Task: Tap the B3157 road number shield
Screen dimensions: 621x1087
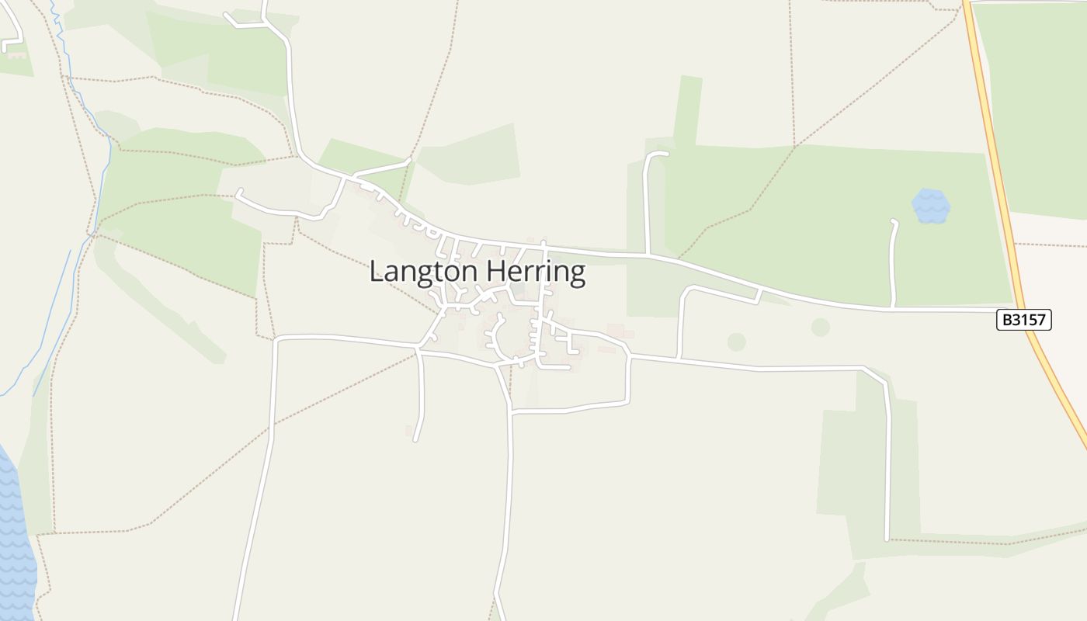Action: click(1023, 320)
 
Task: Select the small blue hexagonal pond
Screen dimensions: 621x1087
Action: click(931, 206)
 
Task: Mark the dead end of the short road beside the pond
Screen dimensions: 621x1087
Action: click(894, 222)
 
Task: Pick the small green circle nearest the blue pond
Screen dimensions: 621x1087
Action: click(820, 327)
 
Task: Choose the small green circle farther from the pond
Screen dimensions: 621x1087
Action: click(736, 342)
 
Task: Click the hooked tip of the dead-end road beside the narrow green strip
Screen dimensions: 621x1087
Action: click(665, 154)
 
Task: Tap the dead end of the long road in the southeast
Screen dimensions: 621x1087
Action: click(887, 538)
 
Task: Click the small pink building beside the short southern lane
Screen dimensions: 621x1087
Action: click(408, 430)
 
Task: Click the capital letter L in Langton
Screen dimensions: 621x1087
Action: click(377, 272)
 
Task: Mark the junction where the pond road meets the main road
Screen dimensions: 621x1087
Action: click(893, 307)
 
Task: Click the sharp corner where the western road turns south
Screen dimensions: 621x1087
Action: click(277, 339)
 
